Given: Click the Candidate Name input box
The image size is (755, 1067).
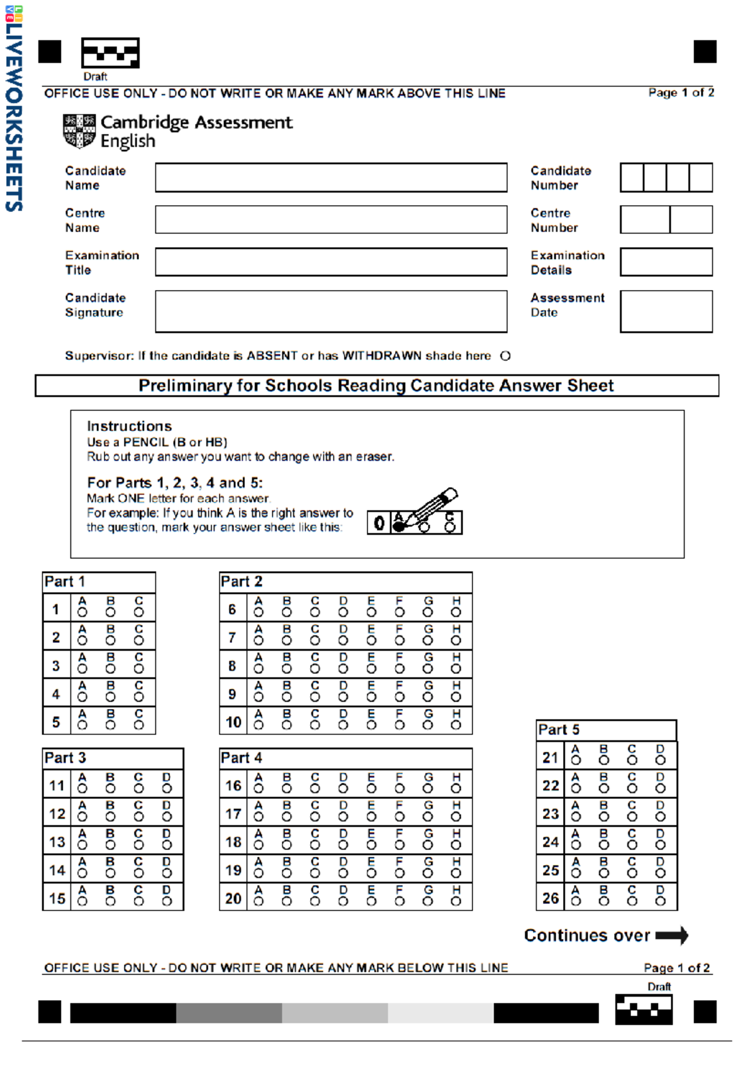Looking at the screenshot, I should [331, 177].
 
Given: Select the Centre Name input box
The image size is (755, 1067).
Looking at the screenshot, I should [331, 220].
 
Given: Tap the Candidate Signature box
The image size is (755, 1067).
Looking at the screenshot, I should [331, 311].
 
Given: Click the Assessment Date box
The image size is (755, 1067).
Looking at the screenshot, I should [666, 311].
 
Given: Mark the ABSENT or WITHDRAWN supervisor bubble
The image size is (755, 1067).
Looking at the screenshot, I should [505, 356].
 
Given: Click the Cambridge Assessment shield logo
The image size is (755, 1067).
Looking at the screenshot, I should [79, 131].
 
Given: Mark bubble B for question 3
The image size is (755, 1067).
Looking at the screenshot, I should [111, 669].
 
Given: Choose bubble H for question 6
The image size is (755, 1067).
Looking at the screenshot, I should [456, 612].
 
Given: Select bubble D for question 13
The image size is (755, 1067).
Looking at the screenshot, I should [167, 845].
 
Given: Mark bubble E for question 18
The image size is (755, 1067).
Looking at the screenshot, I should [371, 845].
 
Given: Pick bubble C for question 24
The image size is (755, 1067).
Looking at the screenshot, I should [632, 845].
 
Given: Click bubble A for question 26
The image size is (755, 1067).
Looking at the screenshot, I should [576, 901].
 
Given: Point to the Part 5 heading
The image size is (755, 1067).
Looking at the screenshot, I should [558, 730].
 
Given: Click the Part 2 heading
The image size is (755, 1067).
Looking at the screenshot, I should [242, 581].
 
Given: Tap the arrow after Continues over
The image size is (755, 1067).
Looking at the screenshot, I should [672, 936].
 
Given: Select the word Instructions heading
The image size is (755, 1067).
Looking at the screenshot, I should [129, 426].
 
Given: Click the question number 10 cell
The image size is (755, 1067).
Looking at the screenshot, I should [233, 722].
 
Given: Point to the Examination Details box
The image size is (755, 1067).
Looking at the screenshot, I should [666, 262].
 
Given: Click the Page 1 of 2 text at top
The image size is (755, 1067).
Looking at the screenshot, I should [681, 92].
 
